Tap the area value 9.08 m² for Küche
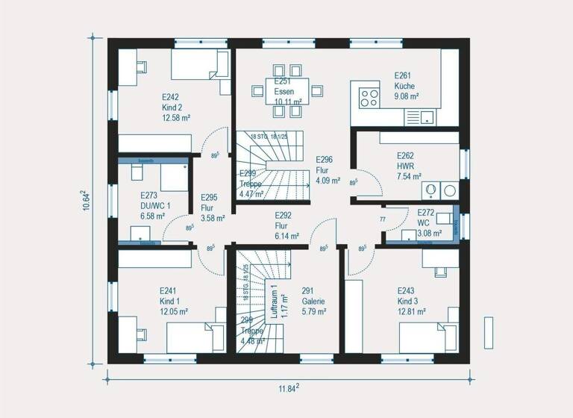point(406,96)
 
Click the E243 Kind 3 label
point(410,302)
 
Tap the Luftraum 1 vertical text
point(275,302)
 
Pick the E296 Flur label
point(327,169)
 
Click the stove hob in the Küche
point(369,99)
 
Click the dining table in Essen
point(286,91)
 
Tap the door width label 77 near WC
point(382,219)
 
